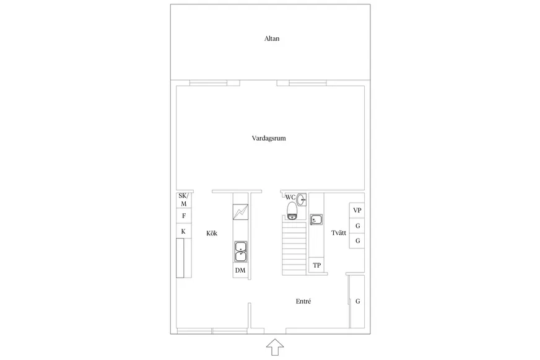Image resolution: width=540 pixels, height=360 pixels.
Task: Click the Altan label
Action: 272,38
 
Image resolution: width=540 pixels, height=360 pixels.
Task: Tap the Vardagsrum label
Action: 269,139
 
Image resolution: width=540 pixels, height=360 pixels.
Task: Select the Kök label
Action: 212,233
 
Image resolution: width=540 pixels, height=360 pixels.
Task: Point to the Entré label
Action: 303,301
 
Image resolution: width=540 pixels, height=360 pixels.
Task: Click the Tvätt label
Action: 339,233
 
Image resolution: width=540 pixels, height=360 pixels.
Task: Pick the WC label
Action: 290,198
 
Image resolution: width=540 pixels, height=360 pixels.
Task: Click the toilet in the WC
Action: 292,211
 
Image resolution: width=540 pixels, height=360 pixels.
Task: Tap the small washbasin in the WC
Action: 302,200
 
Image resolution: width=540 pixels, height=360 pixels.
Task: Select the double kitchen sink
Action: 240,252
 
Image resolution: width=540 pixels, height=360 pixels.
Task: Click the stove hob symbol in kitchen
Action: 240,212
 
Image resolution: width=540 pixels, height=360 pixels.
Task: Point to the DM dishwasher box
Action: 240,270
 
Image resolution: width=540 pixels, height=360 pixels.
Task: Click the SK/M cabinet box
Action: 183,200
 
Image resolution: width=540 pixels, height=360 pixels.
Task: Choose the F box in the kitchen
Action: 183,216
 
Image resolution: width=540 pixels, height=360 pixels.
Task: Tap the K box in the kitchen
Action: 183,231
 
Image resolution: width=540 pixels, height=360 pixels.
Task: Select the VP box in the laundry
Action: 357,210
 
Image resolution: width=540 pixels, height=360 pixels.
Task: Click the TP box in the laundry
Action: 316,265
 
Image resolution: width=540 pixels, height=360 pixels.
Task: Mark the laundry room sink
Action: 316,219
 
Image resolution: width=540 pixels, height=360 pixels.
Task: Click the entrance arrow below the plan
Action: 275,347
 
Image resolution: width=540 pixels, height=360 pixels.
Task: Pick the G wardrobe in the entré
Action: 357,301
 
